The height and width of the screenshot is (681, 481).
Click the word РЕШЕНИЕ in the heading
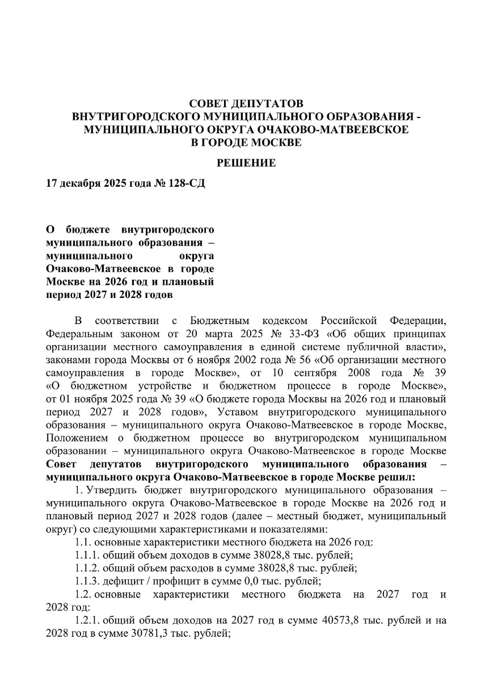pyautogui.click(x=246, y=163)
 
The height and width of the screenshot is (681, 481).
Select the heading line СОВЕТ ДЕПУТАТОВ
pyautogui.click(x=246, y=104)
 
